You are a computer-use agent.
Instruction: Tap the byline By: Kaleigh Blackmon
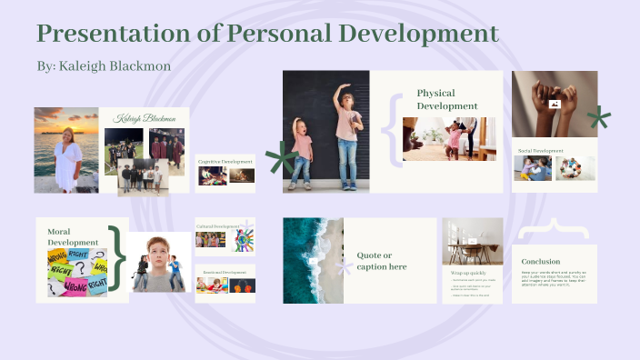point(105,66)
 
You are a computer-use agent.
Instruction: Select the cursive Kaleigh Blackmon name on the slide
point(145,118)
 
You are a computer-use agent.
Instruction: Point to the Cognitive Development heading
point(225,161)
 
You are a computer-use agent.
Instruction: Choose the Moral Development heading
point(73,237)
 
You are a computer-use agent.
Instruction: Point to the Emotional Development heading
point(225,272)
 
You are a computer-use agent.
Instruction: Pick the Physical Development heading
point(446,99)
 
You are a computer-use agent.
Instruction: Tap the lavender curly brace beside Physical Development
point(395,128)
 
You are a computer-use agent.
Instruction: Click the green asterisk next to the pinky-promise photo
point(597,118)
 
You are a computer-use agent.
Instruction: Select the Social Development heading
point(541,150)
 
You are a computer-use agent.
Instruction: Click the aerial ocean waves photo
point(313,260)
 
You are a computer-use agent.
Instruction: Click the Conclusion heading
point(541,261)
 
